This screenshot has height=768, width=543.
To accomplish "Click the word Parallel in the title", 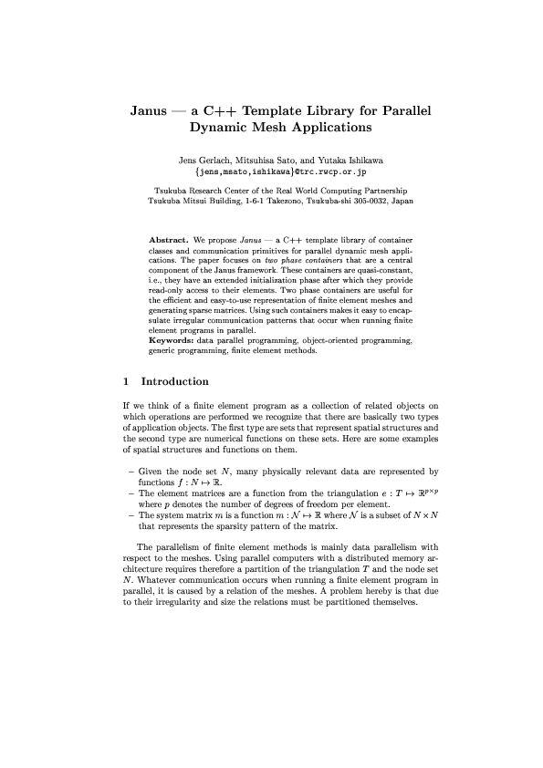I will coord(398,112).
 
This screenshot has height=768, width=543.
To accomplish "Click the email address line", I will coord(271,171).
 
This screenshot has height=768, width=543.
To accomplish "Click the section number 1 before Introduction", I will coord(127,381).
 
